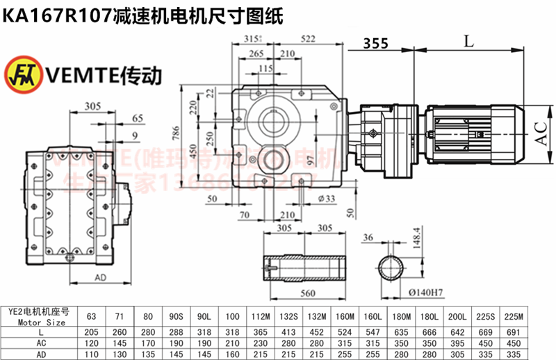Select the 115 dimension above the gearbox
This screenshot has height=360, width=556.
click(265, 67)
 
